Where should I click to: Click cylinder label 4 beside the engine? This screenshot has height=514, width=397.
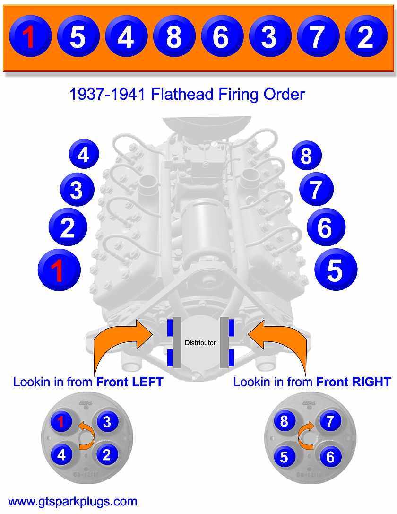coord(84,155)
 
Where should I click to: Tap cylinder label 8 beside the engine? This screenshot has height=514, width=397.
coord(306,156)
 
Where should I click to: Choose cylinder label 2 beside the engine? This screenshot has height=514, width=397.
coord(68,227)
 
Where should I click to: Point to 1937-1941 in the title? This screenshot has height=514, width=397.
coord(108,95)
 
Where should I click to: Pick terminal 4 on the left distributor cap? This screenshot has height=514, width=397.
coord(61,455)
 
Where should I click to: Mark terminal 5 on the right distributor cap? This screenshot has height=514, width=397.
coord(284,457)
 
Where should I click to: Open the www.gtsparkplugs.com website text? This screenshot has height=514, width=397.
coord(73,501)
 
